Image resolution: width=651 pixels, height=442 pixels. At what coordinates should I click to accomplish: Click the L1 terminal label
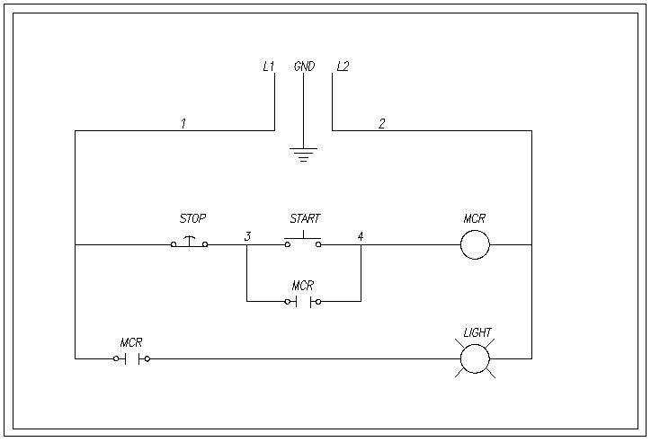click(x=268, y=66)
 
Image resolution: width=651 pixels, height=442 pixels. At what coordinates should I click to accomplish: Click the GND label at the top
click(x=304, y=66)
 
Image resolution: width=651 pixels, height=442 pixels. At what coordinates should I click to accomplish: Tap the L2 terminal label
click(x=342, y=66)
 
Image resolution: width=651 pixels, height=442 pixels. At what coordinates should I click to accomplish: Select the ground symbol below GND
click(x=304, y=153)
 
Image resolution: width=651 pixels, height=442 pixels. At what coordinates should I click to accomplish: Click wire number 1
click(x=183, y=123)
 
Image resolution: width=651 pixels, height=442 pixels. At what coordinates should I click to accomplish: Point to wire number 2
click(x=381, y=123)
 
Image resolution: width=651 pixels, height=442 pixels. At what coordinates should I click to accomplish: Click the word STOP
click(x=192, y=218)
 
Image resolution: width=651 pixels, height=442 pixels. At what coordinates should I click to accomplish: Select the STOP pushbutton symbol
click(x=190, y=243)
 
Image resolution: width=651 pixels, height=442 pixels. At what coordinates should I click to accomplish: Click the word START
click(x=304, y=218)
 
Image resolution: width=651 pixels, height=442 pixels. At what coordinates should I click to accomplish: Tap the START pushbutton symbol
click(x=303, y=241)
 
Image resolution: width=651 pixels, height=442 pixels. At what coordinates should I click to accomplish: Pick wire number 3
click(x=246, y=236)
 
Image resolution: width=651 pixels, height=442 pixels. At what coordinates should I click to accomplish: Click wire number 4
click(x=361, y=236)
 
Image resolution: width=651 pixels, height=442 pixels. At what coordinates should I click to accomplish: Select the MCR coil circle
click(x=475, y=243)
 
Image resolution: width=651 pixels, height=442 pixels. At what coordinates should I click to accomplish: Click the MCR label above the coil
click(x=475, y=218)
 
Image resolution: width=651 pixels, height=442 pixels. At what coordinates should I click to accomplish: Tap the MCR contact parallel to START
click(x=303, y=301)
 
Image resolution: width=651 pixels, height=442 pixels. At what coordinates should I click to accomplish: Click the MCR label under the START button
click(x=303, y=285)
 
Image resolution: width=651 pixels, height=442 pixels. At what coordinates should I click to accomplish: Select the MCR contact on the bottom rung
click(x=131, y=358)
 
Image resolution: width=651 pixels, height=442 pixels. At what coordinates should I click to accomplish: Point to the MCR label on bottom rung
click(x=131, y=342)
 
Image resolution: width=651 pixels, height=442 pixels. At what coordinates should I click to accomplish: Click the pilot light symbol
click(x=475, y=358)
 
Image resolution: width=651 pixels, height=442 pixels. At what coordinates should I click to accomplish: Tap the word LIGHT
click(x=477, y=332)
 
